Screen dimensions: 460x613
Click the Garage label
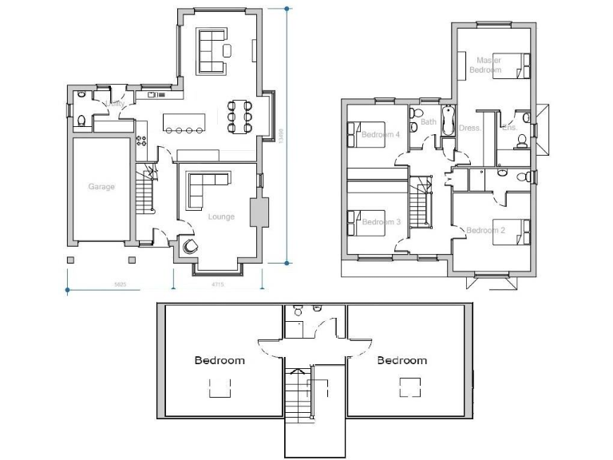[101, 187]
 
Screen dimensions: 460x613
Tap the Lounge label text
[221, 216]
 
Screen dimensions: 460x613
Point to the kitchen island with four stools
[184, 122]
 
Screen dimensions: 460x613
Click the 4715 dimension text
[217, 284]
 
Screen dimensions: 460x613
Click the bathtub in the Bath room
[447, 120]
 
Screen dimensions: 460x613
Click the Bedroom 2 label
[485, 231]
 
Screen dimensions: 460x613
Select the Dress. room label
[469, 128]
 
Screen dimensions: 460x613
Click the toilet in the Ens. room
[521, 142]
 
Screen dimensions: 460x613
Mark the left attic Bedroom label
[219, 360]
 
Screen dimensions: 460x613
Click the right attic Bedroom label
[401, 360]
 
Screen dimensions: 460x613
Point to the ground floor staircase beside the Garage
[144, 192]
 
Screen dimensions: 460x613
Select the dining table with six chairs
[239, 117]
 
